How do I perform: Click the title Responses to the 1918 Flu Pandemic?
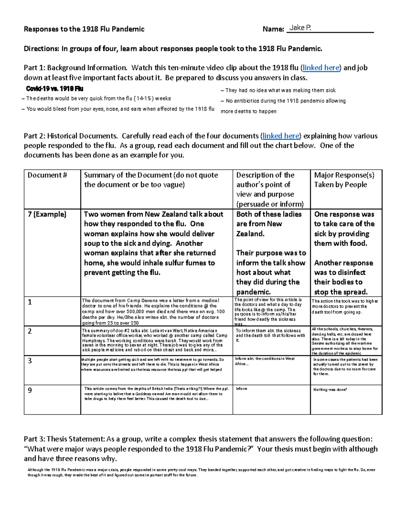point(84,29)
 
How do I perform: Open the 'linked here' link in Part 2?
point(281,136)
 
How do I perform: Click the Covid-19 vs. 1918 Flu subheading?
point(54,89)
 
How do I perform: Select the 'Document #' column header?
point(47,175)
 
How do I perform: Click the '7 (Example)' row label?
point(47,214)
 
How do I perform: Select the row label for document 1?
point(30,302)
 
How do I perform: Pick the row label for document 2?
point(30,331)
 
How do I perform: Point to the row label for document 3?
point(30,361)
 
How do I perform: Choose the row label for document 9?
point(30,390)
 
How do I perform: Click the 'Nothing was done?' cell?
point(330,389)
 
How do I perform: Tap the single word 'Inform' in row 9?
point(242,389)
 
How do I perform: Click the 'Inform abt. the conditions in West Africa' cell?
point(265,361)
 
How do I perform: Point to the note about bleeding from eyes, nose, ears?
point(118,109)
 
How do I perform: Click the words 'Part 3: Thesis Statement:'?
point(64,439)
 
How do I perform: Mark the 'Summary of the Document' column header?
point(151,180)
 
